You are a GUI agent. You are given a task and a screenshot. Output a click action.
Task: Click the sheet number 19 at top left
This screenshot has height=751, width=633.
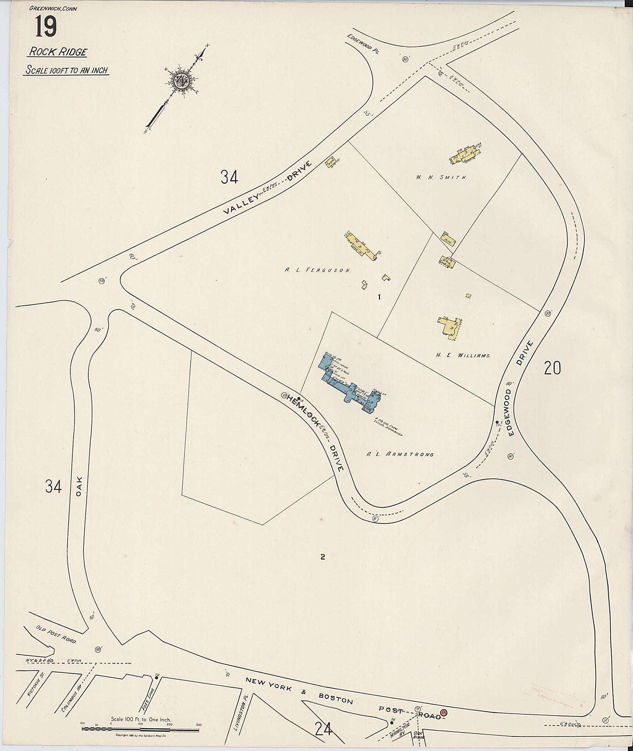click(x=46, y=27)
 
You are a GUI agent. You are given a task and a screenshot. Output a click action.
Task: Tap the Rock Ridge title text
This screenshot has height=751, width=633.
click(x=58, y=52)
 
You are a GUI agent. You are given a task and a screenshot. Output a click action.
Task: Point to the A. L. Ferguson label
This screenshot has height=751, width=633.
click(x=318, y=271)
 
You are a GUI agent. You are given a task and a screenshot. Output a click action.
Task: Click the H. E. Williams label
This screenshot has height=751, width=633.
click(x=463, y=356)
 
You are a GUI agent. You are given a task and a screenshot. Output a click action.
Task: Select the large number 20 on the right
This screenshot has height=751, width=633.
click(x=552, y=369)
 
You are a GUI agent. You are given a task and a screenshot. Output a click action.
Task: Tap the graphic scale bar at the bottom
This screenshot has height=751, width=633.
click(x=141, y=728)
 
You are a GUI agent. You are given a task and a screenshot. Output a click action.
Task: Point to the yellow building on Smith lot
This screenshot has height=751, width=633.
click(x=466, y=155)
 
